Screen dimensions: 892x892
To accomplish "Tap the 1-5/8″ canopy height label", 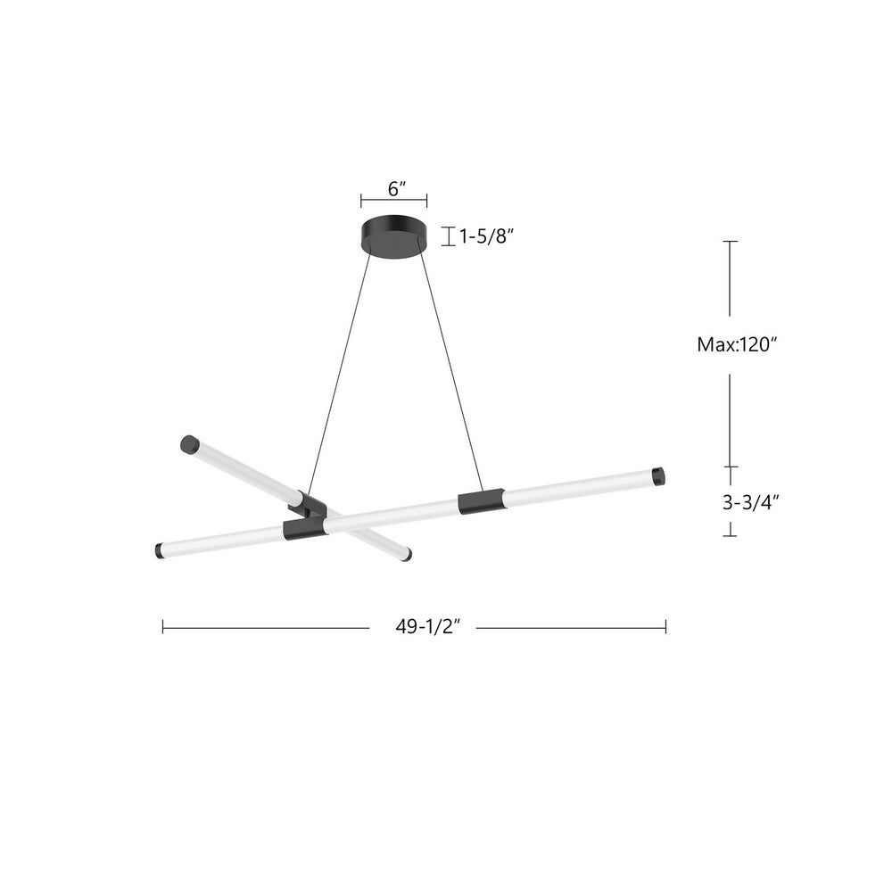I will (487, 236).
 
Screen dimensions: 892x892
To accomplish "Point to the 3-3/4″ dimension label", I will (750, 501).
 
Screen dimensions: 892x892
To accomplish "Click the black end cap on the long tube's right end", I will (658, 476).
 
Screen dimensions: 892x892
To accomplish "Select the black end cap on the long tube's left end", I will (161, 550).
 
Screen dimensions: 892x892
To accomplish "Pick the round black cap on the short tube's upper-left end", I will (188, 443).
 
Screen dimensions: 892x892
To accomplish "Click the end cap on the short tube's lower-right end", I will (406, 555).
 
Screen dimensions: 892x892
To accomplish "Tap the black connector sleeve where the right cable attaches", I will (480, 502).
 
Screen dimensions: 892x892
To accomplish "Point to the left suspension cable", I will (340, 375).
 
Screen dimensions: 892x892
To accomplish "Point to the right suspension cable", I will (450, 375).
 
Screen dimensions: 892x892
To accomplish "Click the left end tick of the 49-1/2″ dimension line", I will (163, 627).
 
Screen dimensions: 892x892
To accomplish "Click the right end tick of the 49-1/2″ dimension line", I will (665, 627).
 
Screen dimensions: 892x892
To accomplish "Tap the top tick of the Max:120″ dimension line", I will (731, 242).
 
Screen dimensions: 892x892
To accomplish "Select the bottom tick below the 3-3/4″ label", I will (731, 535).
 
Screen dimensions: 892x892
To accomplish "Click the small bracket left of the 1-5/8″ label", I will (448, 236).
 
